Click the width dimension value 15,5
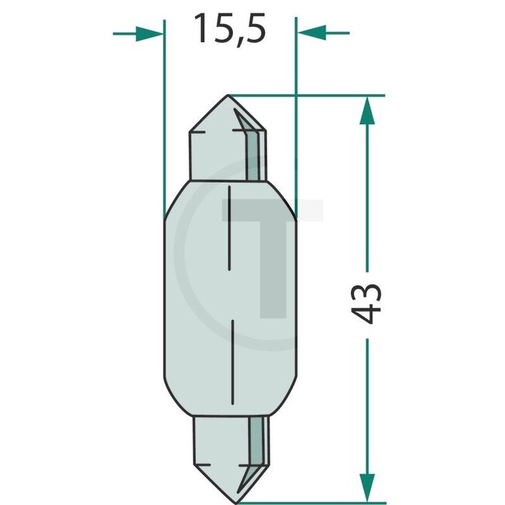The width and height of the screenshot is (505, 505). tap(230, 30)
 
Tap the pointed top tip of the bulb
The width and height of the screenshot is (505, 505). tap(227, 97)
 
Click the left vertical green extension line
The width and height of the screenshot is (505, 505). tap(164, 117)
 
